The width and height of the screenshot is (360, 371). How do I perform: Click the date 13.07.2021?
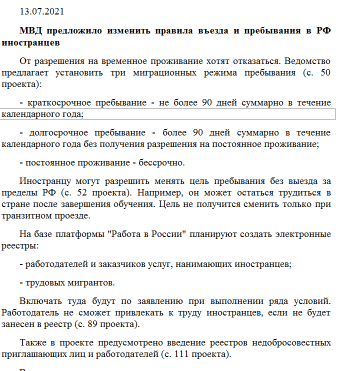(x=41, y=11)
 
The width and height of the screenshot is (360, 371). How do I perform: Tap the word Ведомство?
(x=307, y=61)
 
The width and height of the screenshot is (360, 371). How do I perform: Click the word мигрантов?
(x=90, y=282)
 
